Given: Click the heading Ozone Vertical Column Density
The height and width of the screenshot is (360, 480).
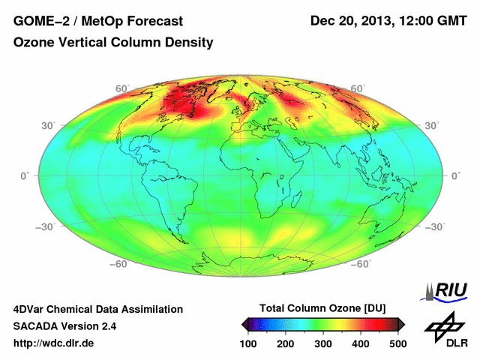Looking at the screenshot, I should point(113,43).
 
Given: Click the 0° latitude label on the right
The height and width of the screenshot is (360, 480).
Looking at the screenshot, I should point(455,175).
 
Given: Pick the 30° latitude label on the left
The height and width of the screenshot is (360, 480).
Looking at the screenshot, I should point(48,125).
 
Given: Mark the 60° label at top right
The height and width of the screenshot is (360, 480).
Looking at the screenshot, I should point(358,88).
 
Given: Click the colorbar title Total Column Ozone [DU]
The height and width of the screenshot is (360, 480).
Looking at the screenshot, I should point(322,308).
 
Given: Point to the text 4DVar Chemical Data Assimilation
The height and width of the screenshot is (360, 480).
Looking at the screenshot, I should point(97,309).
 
